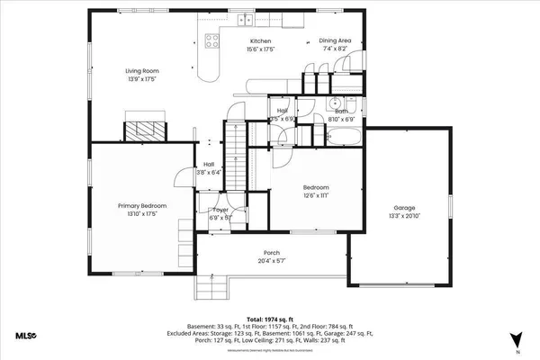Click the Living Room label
coord(142,71)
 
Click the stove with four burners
coord(212,40)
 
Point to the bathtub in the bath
coord(342,138)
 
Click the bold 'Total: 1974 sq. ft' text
coord(270,319)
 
